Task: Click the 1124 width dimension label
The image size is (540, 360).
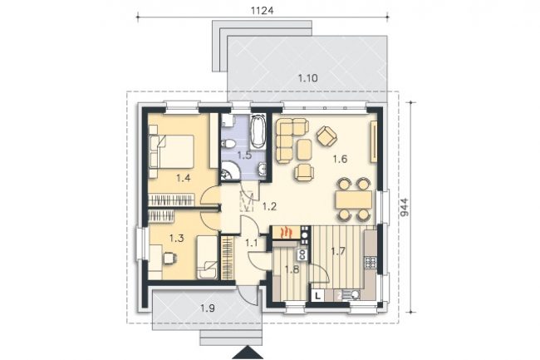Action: [x=262, y=11]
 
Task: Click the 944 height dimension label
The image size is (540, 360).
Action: [x=405, y=207]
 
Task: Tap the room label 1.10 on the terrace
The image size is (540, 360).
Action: [x=308, y=78]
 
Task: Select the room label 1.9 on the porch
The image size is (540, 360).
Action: [x=208, y=308]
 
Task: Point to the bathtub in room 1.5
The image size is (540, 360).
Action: [x=258, y=132]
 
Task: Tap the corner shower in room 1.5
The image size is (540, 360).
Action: [x=229, y=171]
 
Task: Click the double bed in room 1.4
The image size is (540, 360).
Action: [x=171, y=152]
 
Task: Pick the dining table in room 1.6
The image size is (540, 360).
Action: [x=354, y=200]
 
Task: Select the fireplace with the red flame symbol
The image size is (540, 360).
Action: [x=286, y=232]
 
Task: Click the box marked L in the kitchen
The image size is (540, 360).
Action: [x=318, y=295]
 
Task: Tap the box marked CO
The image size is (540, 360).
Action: [x=302, y=254]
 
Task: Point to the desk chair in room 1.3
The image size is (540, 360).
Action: [x=169, y=258]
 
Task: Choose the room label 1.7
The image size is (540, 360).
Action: [x=338, y=251]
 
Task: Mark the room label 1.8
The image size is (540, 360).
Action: [x=292, y=269]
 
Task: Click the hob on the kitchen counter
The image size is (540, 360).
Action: [x=371, y=263]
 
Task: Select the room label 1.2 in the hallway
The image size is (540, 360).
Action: [x=269, y=207]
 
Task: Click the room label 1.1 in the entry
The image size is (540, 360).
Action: [x=252, y=244]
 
